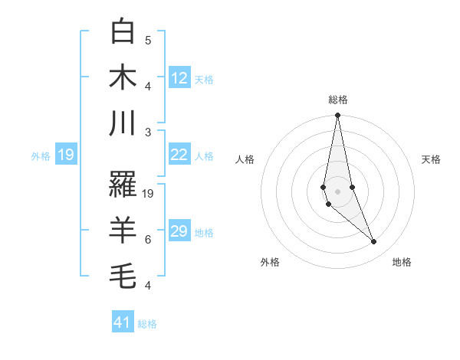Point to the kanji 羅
[123, 185]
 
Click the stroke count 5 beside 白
[148, 40]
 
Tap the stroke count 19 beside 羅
[149, 194]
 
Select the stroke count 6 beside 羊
[148, 240]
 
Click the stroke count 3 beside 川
[148, 132]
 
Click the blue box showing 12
[179, 77]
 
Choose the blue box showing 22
[179, 155]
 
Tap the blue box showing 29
[179, 231]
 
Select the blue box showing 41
[123, 322]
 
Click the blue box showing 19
[66, 155]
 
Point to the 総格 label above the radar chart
[337, 100]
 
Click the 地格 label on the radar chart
[402, 262]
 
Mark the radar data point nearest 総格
[337, 116]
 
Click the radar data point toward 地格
[374, 242]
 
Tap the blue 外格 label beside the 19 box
[41, 156]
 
